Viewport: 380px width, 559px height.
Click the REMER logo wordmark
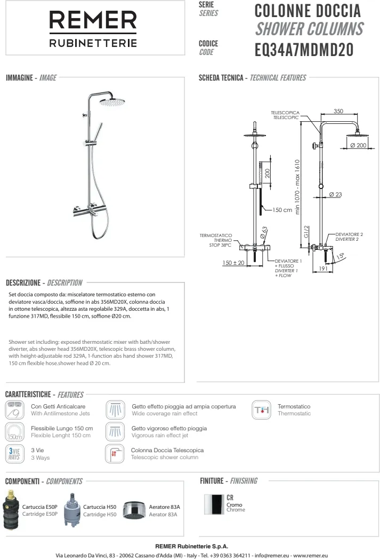[93, 22]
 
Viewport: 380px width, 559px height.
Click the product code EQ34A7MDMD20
[304, 50]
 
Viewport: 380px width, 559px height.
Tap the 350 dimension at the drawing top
[338, 111]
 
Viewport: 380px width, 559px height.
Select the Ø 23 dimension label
[335, 194]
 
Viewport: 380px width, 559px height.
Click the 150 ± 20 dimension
[233, 263]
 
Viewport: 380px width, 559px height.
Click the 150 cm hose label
[282, 210]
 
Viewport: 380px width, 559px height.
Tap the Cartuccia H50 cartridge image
[72, 510]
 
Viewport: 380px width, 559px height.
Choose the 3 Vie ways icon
[14, 453]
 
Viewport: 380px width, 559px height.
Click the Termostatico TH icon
[262, 410]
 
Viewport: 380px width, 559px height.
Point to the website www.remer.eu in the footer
[310, 555]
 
